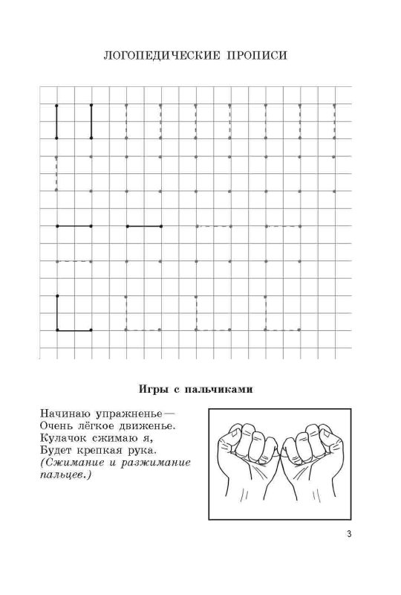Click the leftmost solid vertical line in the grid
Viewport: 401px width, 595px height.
[56, 121]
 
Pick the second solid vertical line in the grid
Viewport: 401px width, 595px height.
[91, 121]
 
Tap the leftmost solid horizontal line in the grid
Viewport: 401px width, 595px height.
[74, 225]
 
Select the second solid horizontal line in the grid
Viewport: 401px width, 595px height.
[143, 225]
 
